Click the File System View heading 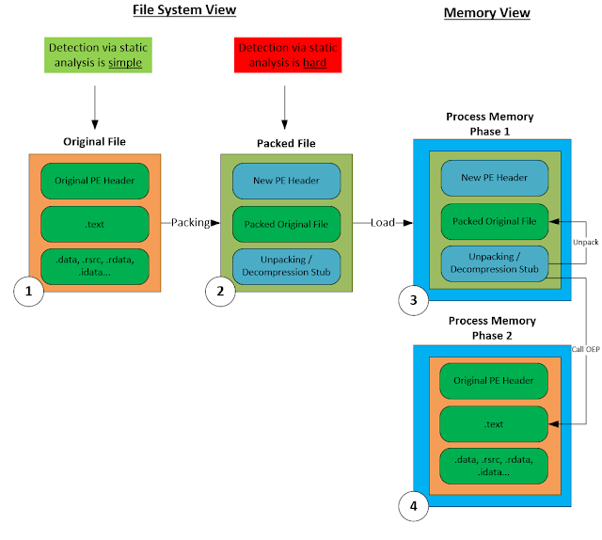tap(183, 10)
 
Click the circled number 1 tap(30, 292)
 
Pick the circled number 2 tap(220, 292)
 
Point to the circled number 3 tap(413, 300)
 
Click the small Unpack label tap(586, 242)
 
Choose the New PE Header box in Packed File tap(288, 180)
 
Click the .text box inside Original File tap(95, 223)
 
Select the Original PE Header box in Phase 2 tap(493, 382)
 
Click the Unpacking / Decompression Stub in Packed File tap(288, 266)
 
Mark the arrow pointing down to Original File tap(95, 104)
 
